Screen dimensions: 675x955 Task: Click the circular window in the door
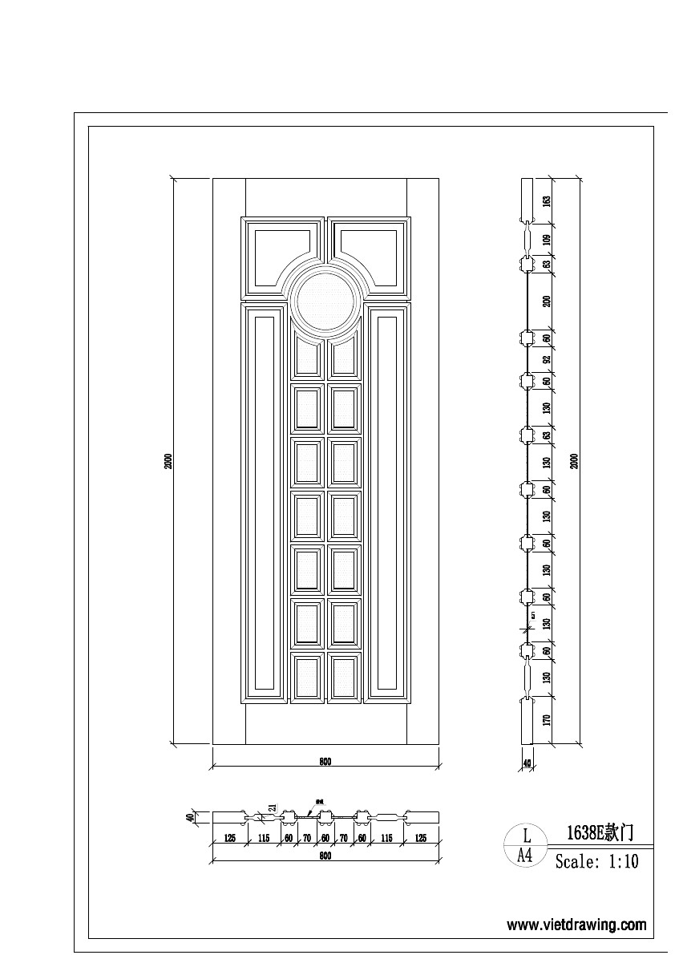pyautogui.click(x=325, y=301)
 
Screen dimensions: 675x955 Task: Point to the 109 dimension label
pyautogui.click(x=547, y=239)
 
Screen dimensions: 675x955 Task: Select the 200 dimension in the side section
pyautogui.click(x=547, y=301)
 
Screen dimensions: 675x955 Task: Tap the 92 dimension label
pyautogui.click(x=547, y=360)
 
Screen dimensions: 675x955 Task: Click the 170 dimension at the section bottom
pyautogui.click(x=547, y=719)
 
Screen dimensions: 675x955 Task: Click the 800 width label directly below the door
pyautogui.click(x=325, y=763)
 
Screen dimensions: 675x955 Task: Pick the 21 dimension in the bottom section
pyautogui.click(x=273, y=809)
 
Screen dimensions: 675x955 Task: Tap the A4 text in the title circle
pyautogui.click(x=525, y=855)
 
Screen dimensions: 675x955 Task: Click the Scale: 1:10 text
pyautogui.click(x=597, y=863)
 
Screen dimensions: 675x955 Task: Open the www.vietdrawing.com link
pyautogui.click(x=576, y=925)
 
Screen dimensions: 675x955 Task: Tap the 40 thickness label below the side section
pyautogui.click(x=527, y=764)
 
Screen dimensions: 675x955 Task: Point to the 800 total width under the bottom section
pyautogui.click(x=325, y=856)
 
